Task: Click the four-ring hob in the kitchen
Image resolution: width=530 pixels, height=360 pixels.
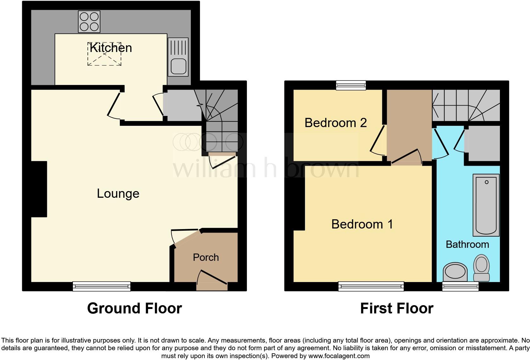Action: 89,22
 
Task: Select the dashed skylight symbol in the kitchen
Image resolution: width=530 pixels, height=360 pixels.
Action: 104,54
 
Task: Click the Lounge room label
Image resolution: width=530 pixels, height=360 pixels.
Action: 118,193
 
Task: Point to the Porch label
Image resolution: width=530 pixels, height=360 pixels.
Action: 206,257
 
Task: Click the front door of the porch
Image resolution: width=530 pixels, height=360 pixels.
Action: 212,279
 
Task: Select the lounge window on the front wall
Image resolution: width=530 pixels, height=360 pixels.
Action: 101,286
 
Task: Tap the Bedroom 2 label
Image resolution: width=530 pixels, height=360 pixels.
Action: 336,123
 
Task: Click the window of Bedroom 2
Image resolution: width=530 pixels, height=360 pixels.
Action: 351,85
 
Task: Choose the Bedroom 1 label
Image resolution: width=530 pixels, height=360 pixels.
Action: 362,224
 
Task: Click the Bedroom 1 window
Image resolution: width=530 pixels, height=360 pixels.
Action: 371,286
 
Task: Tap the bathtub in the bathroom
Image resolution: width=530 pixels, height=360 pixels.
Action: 486,205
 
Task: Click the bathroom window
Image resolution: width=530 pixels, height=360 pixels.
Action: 460,286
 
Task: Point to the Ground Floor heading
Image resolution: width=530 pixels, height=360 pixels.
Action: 134,308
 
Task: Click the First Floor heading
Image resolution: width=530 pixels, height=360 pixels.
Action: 397,308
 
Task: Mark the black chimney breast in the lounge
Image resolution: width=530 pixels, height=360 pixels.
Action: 39,189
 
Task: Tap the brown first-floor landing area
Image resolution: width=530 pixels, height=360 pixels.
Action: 409,124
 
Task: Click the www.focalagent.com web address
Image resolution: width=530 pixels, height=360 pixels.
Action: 339,356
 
